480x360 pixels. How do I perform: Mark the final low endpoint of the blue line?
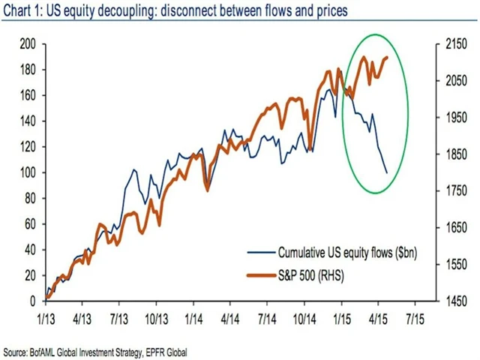pos(387,173)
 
